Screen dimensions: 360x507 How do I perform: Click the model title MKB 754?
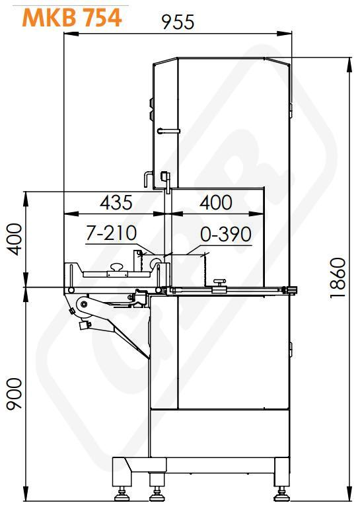pos(72,17)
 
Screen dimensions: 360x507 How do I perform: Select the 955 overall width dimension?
pos(178,22)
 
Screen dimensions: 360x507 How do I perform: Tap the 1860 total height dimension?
pos(338,278)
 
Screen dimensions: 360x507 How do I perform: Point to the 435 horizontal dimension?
pos(116,203)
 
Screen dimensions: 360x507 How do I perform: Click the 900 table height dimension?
pos(15,394)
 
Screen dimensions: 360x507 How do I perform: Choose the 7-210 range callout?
pos(112,233)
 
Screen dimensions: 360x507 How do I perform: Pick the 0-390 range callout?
pos(225,234)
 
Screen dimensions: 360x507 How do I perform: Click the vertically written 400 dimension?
pos(15,239)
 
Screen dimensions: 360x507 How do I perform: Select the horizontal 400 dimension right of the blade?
pos(216,203)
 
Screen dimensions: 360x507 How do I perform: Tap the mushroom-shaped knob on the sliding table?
pos(117,268)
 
